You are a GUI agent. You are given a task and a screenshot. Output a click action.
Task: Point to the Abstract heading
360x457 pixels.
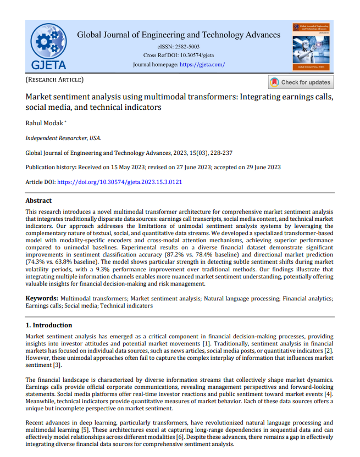(38, 201)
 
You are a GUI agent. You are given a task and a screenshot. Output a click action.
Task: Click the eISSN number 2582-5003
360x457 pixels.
(188, 47)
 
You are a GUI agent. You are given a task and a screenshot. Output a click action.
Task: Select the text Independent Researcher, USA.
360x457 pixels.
(63, 138)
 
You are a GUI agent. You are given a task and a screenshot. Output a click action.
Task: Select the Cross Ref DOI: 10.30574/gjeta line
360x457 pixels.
(179, 55)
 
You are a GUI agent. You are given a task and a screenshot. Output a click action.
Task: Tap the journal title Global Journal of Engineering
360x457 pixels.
(179, 35)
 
